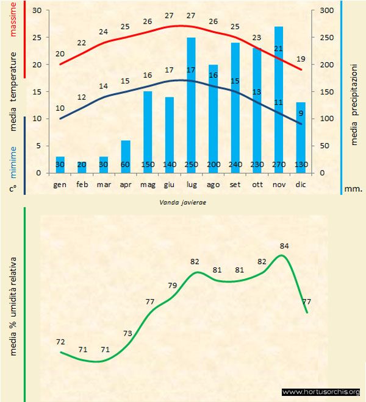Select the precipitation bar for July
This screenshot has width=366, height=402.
[191, 104]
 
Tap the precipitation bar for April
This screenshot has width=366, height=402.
[125, 156]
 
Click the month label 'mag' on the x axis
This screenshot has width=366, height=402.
[147, 183]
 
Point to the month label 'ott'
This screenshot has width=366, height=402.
[257, 183]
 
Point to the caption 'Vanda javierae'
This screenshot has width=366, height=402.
[179, 202]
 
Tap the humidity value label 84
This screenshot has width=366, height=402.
[284, 246]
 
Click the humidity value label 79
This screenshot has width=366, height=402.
[173, 286]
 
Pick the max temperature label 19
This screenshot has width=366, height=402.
[300, 59]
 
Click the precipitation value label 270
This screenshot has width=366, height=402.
[279, 165]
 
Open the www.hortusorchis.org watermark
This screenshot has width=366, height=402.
[321, 392]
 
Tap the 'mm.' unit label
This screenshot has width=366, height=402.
[353, 189]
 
